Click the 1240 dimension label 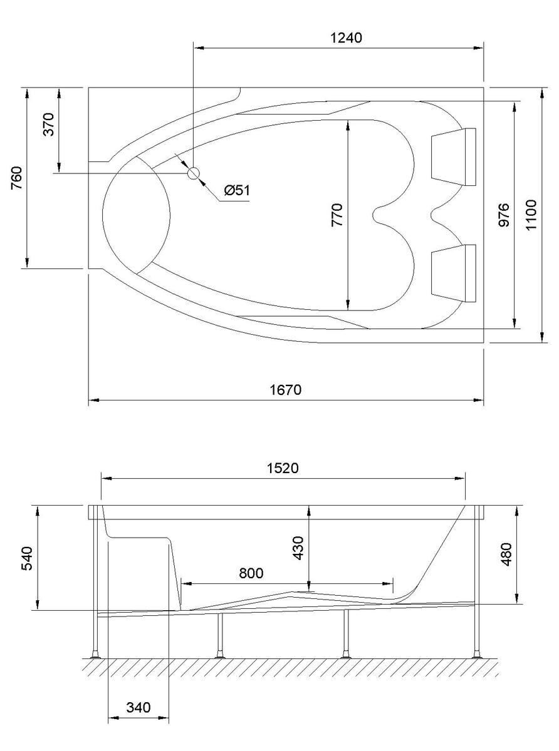[x=346, y=38]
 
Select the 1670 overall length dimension [x=286, y=390]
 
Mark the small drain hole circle [x=194, y=173]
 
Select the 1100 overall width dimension [x=531, y=215]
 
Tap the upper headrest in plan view [x=453, y=156]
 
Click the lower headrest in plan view [x=453, y=272]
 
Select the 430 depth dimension [x=298, y=548]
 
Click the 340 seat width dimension [x=138, y=708]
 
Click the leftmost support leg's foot [x=96, y=656]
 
